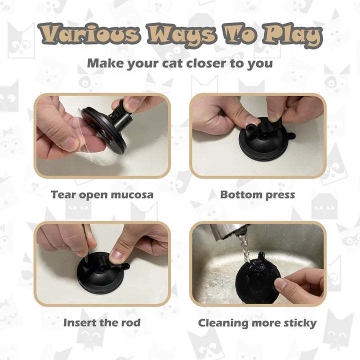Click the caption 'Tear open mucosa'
pyautogui.click(x=102, y=194)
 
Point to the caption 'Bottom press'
pyautogui.click(x=257, y=194)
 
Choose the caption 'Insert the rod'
pyautogui.click(x=102, y=322)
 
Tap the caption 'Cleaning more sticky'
pyautogui.click(x=257, y=322)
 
